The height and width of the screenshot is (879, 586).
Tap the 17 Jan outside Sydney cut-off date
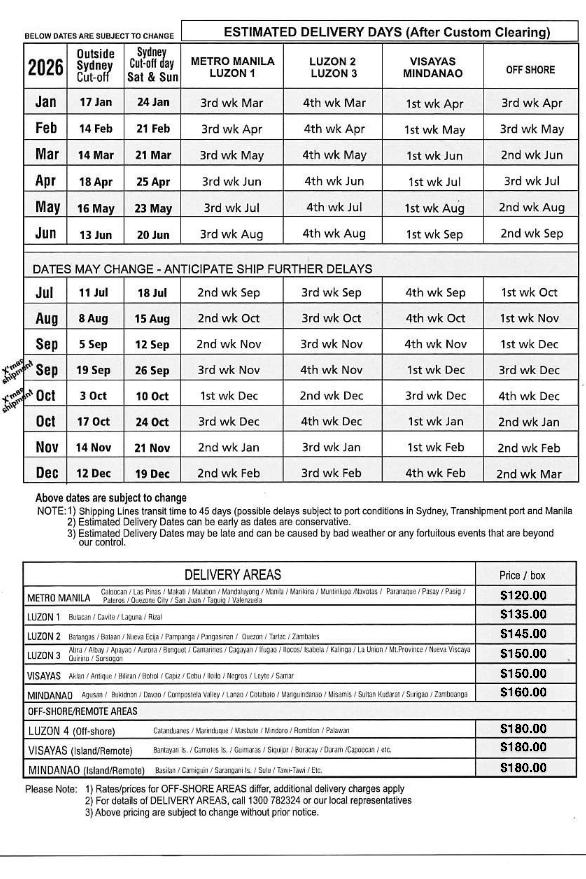click(96, 102)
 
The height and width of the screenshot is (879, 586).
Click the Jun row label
click(46, 233)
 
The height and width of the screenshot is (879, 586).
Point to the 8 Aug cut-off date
click(93, 318)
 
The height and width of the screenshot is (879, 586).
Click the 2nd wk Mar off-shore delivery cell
click(529, 474)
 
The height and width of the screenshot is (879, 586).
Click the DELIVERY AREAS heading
click(233, 574)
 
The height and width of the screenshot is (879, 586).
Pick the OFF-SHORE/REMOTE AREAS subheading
click(83, 711)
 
